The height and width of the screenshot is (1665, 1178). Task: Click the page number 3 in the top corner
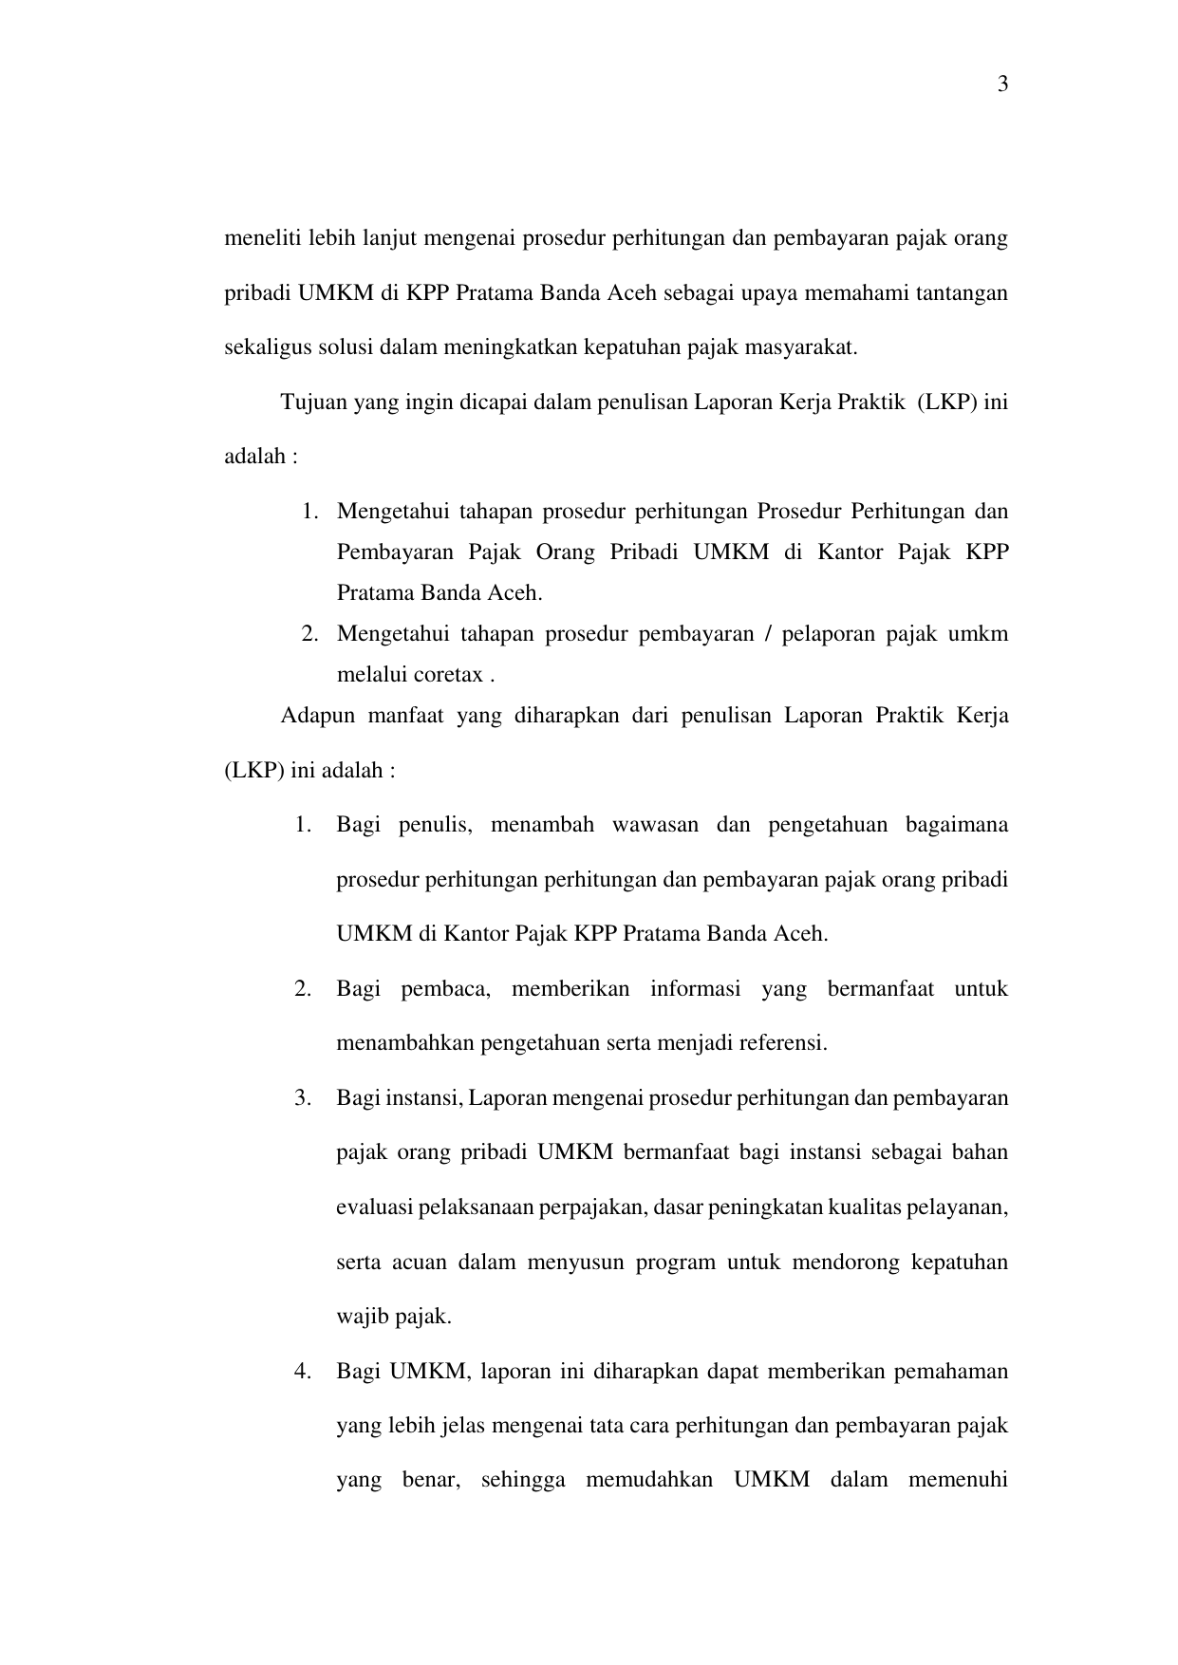1002,85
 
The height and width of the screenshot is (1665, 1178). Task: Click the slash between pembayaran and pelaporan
765,633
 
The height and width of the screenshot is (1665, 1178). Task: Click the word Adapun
314,715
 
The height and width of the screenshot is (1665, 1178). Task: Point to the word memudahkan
649,1481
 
